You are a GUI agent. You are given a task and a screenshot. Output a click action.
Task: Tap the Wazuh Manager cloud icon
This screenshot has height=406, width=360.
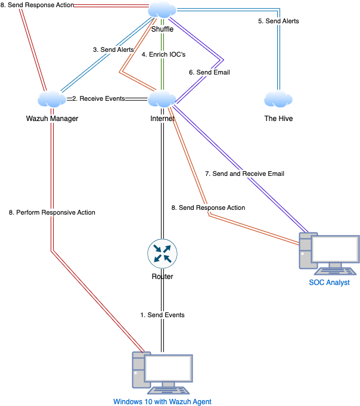pos(52,99)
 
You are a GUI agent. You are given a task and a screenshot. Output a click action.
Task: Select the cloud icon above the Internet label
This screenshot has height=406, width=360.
pos(162,99)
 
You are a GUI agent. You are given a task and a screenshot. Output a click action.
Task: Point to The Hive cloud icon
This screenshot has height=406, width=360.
pos(278,99)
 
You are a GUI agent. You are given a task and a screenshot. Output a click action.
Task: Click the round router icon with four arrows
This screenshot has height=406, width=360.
pos(162,252)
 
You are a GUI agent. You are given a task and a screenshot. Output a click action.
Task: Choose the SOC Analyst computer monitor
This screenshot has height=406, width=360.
pos(335,252)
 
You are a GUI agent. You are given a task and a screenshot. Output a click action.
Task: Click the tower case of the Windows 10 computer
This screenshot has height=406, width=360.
pos(139,371)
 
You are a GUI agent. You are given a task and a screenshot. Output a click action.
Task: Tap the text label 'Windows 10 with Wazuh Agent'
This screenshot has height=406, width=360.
pos(162,401)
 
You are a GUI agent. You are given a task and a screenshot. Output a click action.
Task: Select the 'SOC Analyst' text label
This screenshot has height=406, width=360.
pos(328,282)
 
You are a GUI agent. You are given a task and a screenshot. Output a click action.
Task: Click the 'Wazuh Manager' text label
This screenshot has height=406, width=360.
pos(52,119)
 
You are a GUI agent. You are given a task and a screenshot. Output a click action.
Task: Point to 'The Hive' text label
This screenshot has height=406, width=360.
pos(278,119)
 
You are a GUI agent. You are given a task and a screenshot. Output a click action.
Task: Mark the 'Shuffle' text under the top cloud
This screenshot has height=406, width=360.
pos(162,29)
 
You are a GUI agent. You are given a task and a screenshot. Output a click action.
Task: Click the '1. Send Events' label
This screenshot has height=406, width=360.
pos(162,315)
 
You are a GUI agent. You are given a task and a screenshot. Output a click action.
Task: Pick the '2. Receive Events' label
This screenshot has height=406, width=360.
pos(98,98)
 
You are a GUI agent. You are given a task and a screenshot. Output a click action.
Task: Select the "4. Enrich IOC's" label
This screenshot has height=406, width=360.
pos(164,54)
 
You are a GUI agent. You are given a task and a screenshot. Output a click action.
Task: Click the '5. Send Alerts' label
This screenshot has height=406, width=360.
pos(278,21)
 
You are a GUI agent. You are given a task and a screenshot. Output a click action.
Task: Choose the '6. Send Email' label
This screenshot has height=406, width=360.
pos(209,72)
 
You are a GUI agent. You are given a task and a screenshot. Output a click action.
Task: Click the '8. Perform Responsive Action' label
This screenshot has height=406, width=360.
pos(52,212)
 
